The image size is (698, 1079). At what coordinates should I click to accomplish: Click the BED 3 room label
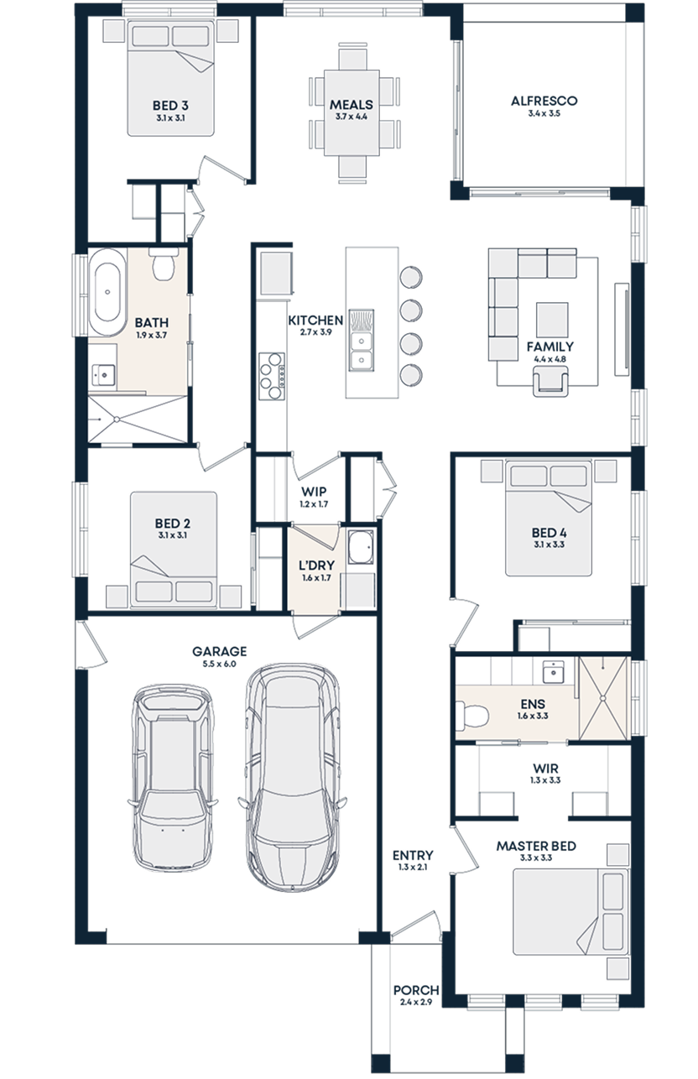pos(169,107)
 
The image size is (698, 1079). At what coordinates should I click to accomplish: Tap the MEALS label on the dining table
pos(351,105)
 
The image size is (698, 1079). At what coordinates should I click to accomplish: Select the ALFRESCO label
pos(544,102)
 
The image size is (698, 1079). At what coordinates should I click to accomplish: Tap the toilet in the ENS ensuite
pos(472,716)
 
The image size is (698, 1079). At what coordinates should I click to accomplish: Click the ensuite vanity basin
pos(554,671)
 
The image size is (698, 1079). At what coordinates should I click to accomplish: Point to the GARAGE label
pos(219,651)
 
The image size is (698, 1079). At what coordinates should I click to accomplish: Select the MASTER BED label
pos(535,847)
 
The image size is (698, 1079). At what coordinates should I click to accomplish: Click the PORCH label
pos(415,991)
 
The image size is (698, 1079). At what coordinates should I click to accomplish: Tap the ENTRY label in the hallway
pos(413,856)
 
